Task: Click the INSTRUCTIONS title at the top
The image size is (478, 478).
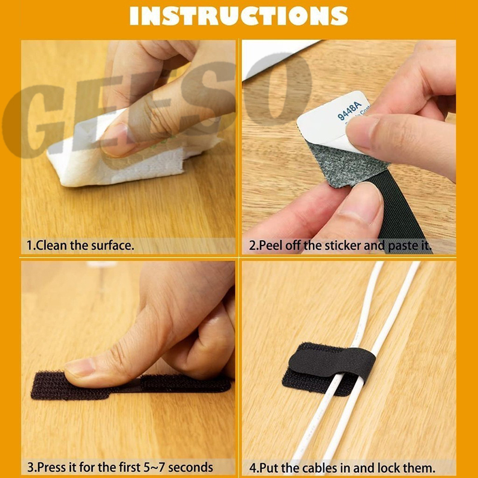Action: click(x=238, y=16)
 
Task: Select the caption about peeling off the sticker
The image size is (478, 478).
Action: click(x=340, y=245)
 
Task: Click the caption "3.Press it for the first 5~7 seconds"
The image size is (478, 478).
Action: click(x=119, y=467)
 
